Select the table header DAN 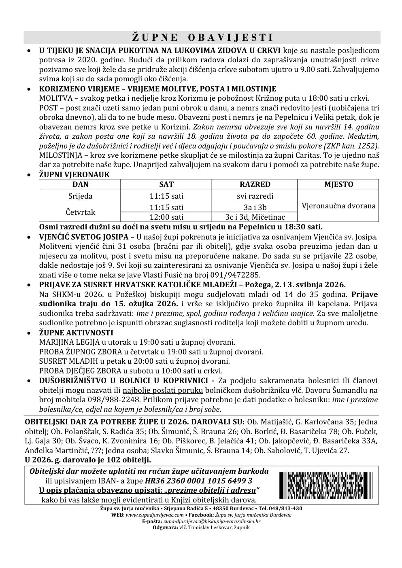click(80, 184)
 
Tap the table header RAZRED click(255, 184)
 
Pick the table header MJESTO click(338, 184)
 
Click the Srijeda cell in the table click(80, 196)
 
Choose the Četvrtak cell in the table click(80, 212)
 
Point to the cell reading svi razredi click(255, 196)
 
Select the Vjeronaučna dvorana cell click(338, 206)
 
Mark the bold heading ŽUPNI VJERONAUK click(74, 175)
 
